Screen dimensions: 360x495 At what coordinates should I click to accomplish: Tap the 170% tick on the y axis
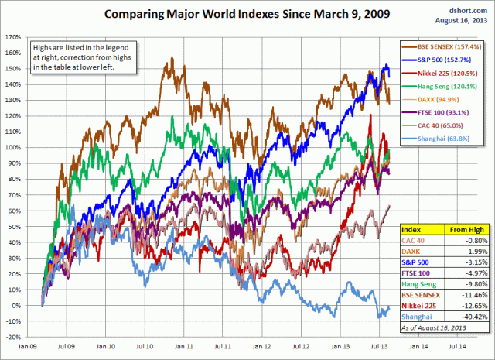[12, 36]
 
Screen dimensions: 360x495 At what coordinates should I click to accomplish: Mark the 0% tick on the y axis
[15, 306]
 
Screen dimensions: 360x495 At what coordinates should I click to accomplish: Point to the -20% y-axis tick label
[12, 338]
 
